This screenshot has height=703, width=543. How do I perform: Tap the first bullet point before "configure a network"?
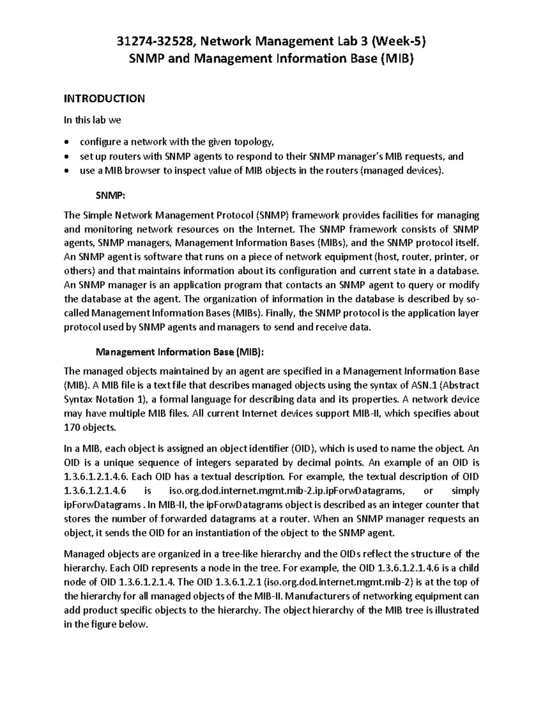click(x=67, y=143)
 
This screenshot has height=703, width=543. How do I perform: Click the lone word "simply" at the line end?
click(x=466, y=491)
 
